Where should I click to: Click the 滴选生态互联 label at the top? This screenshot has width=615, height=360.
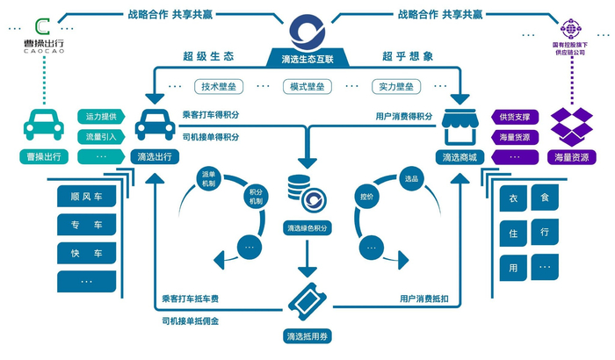pos(307,58)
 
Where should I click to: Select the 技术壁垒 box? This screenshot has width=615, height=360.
pos(221,87)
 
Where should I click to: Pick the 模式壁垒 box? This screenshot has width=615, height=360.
pos(307,87)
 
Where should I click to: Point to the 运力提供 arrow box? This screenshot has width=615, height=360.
pos(102,116)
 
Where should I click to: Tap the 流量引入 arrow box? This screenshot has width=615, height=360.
pos(102,136)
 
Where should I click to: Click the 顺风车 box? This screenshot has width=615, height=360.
pos(86,198)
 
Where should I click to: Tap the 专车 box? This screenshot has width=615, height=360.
pos(86,226)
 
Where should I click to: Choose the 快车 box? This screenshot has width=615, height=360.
pos(86,254)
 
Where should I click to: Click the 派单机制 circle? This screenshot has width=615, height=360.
pos(209,177)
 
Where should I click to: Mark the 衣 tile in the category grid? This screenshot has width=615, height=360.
pos(512,199)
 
